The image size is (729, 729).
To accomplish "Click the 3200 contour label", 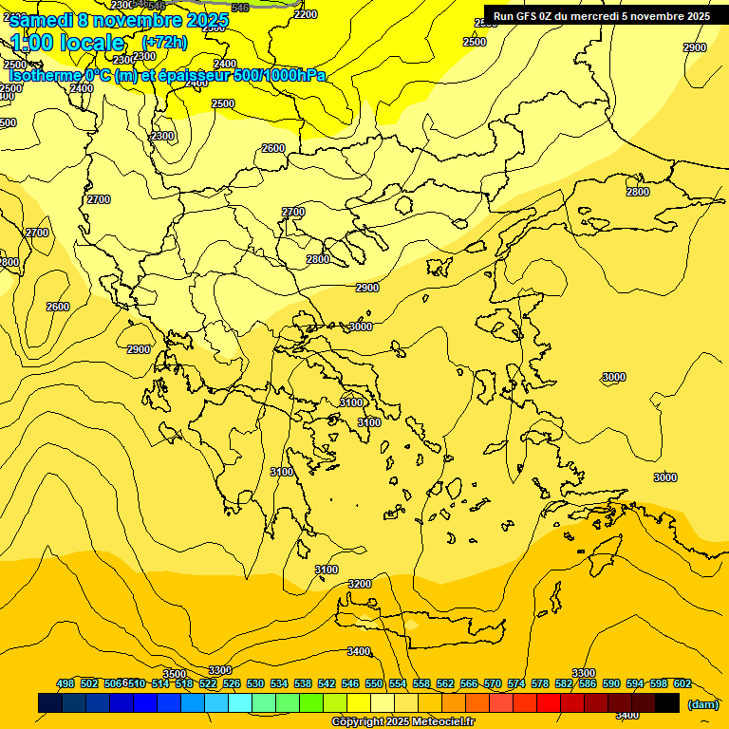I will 360,584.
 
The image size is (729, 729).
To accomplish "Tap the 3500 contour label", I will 175,674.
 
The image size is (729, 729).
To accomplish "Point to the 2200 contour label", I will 307,14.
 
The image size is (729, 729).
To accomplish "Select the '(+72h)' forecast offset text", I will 164,43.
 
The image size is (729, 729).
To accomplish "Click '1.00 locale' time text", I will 67,43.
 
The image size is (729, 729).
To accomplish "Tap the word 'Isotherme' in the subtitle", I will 45,76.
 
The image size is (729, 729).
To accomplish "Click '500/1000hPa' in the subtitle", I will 280,76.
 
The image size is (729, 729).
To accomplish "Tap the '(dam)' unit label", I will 702,703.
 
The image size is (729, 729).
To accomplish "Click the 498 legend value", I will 65,683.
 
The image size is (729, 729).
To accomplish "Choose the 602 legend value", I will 682,683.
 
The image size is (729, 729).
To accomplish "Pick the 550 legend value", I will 374,683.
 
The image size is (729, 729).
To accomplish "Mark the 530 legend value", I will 255,683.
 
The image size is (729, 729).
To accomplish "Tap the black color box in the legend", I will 667,702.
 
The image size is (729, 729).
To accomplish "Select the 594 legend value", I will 635,683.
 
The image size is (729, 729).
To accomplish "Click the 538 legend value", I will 303,683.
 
